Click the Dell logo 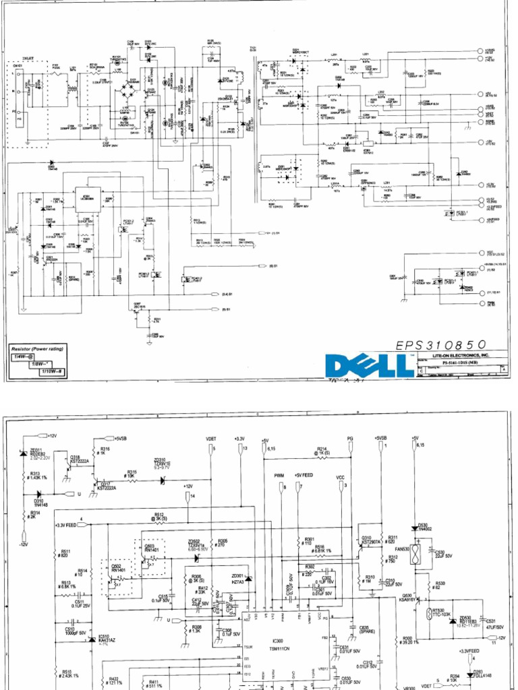tap(369, 366)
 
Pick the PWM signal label tap(279, 476)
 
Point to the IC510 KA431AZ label tap(105, 639)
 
